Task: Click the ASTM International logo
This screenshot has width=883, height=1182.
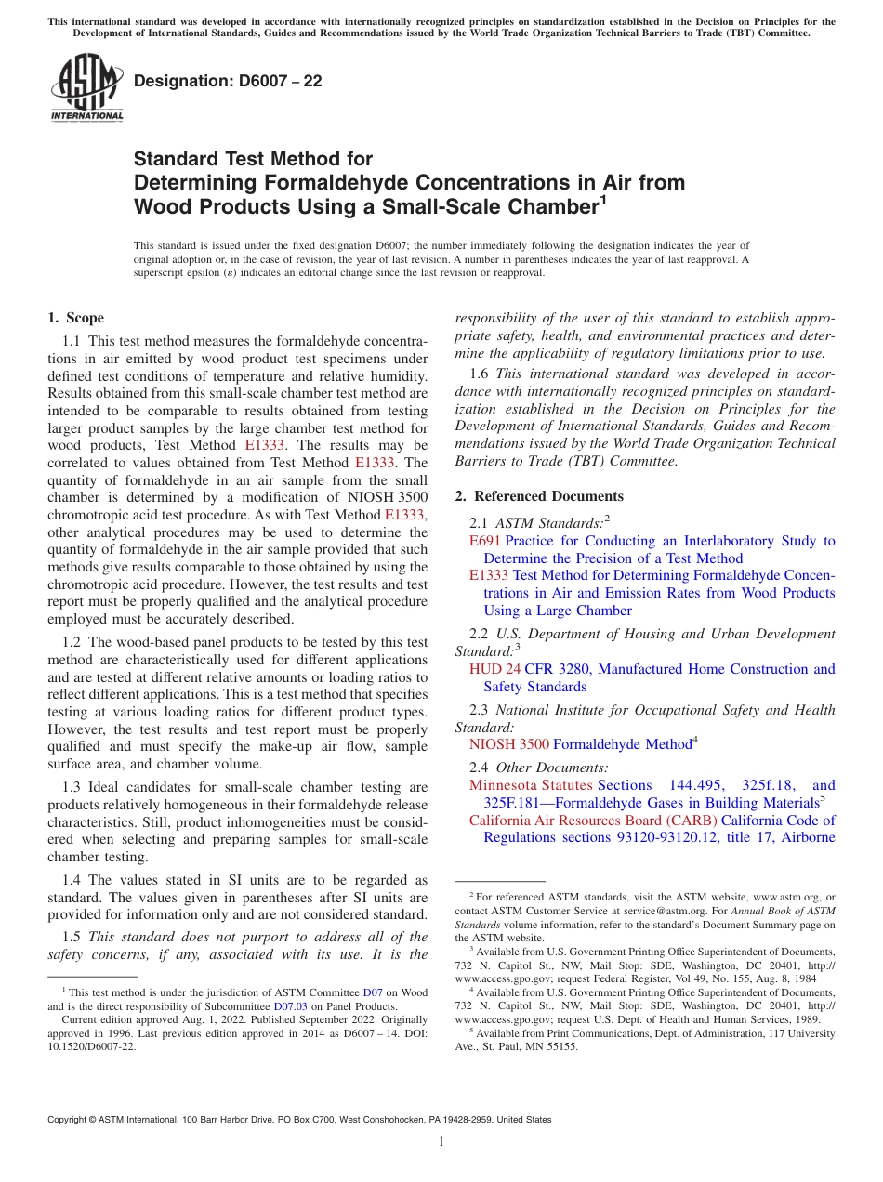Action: (x=86, y=89)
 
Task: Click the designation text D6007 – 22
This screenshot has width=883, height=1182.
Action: (x=228, y=81)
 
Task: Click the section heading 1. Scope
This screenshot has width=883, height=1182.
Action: (x=76, y=318)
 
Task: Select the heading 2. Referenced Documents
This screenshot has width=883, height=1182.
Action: (x=540, y=496)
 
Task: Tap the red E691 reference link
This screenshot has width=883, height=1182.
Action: (x=484, y=541)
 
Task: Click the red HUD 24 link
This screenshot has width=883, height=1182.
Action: (x=494, y=669)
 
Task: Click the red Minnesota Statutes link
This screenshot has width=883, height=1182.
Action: (x=530, y=785)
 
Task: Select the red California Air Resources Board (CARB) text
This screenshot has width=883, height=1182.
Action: (x=593, y=821)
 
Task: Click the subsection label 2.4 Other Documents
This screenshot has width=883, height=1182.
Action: (x=539, y=768)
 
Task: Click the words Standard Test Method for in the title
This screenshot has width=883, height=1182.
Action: (x=253, y=159)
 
